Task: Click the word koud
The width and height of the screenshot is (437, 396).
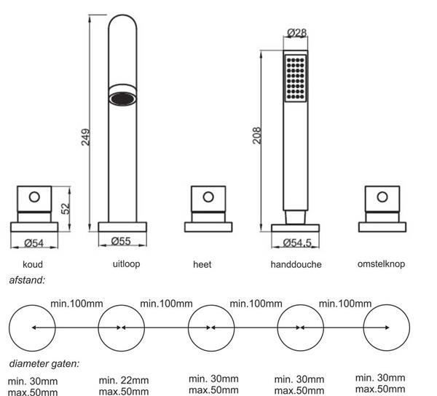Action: coord(32,264)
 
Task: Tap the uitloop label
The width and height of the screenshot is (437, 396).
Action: coord(125,264)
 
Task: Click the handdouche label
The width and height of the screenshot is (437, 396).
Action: coord(296,264)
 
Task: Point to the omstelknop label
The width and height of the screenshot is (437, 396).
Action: coord(381,264)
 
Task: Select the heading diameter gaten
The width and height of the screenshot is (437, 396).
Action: coord(44,363)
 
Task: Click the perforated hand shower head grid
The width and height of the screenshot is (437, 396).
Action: coord(295,79)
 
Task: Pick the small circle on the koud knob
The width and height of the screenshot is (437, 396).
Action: coord(34,196)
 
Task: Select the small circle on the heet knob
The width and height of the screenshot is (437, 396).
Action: coord(208,196)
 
